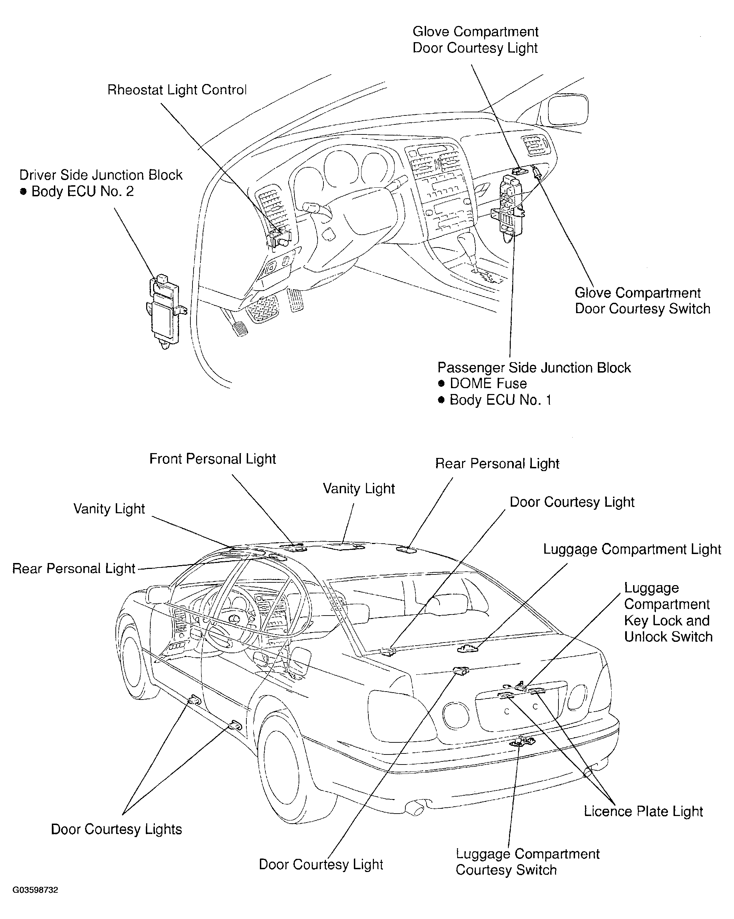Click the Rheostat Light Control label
point(177,90)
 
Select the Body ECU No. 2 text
point(82,191)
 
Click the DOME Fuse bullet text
point(488,384)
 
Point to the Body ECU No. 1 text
point(500,400)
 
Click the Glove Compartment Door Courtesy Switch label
point(642,300)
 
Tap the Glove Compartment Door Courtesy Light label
point(475,40)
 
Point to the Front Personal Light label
point(212,459)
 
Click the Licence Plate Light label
point(643,811)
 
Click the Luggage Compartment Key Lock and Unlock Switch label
point(668,612)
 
